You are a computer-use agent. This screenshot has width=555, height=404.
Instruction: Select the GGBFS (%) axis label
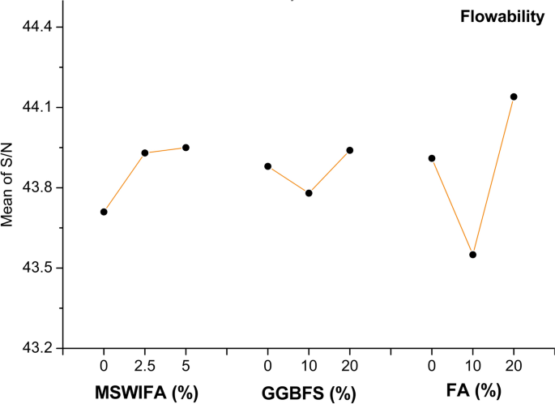309,393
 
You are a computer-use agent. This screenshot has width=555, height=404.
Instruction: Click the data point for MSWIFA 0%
104,212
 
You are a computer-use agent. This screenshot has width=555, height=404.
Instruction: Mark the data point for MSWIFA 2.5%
145,153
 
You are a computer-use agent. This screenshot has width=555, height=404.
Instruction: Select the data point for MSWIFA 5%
186,148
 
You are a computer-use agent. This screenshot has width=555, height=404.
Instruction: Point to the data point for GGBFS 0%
267,166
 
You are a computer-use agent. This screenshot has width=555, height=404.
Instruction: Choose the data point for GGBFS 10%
309,193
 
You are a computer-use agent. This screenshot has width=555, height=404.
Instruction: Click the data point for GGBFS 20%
350,150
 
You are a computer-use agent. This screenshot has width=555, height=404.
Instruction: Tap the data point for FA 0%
432,158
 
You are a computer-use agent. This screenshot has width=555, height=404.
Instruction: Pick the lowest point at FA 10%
472,255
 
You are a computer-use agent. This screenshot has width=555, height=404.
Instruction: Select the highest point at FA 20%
513,97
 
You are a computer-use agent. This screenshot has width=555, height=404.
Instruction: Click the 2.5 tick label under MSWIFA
145,366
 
